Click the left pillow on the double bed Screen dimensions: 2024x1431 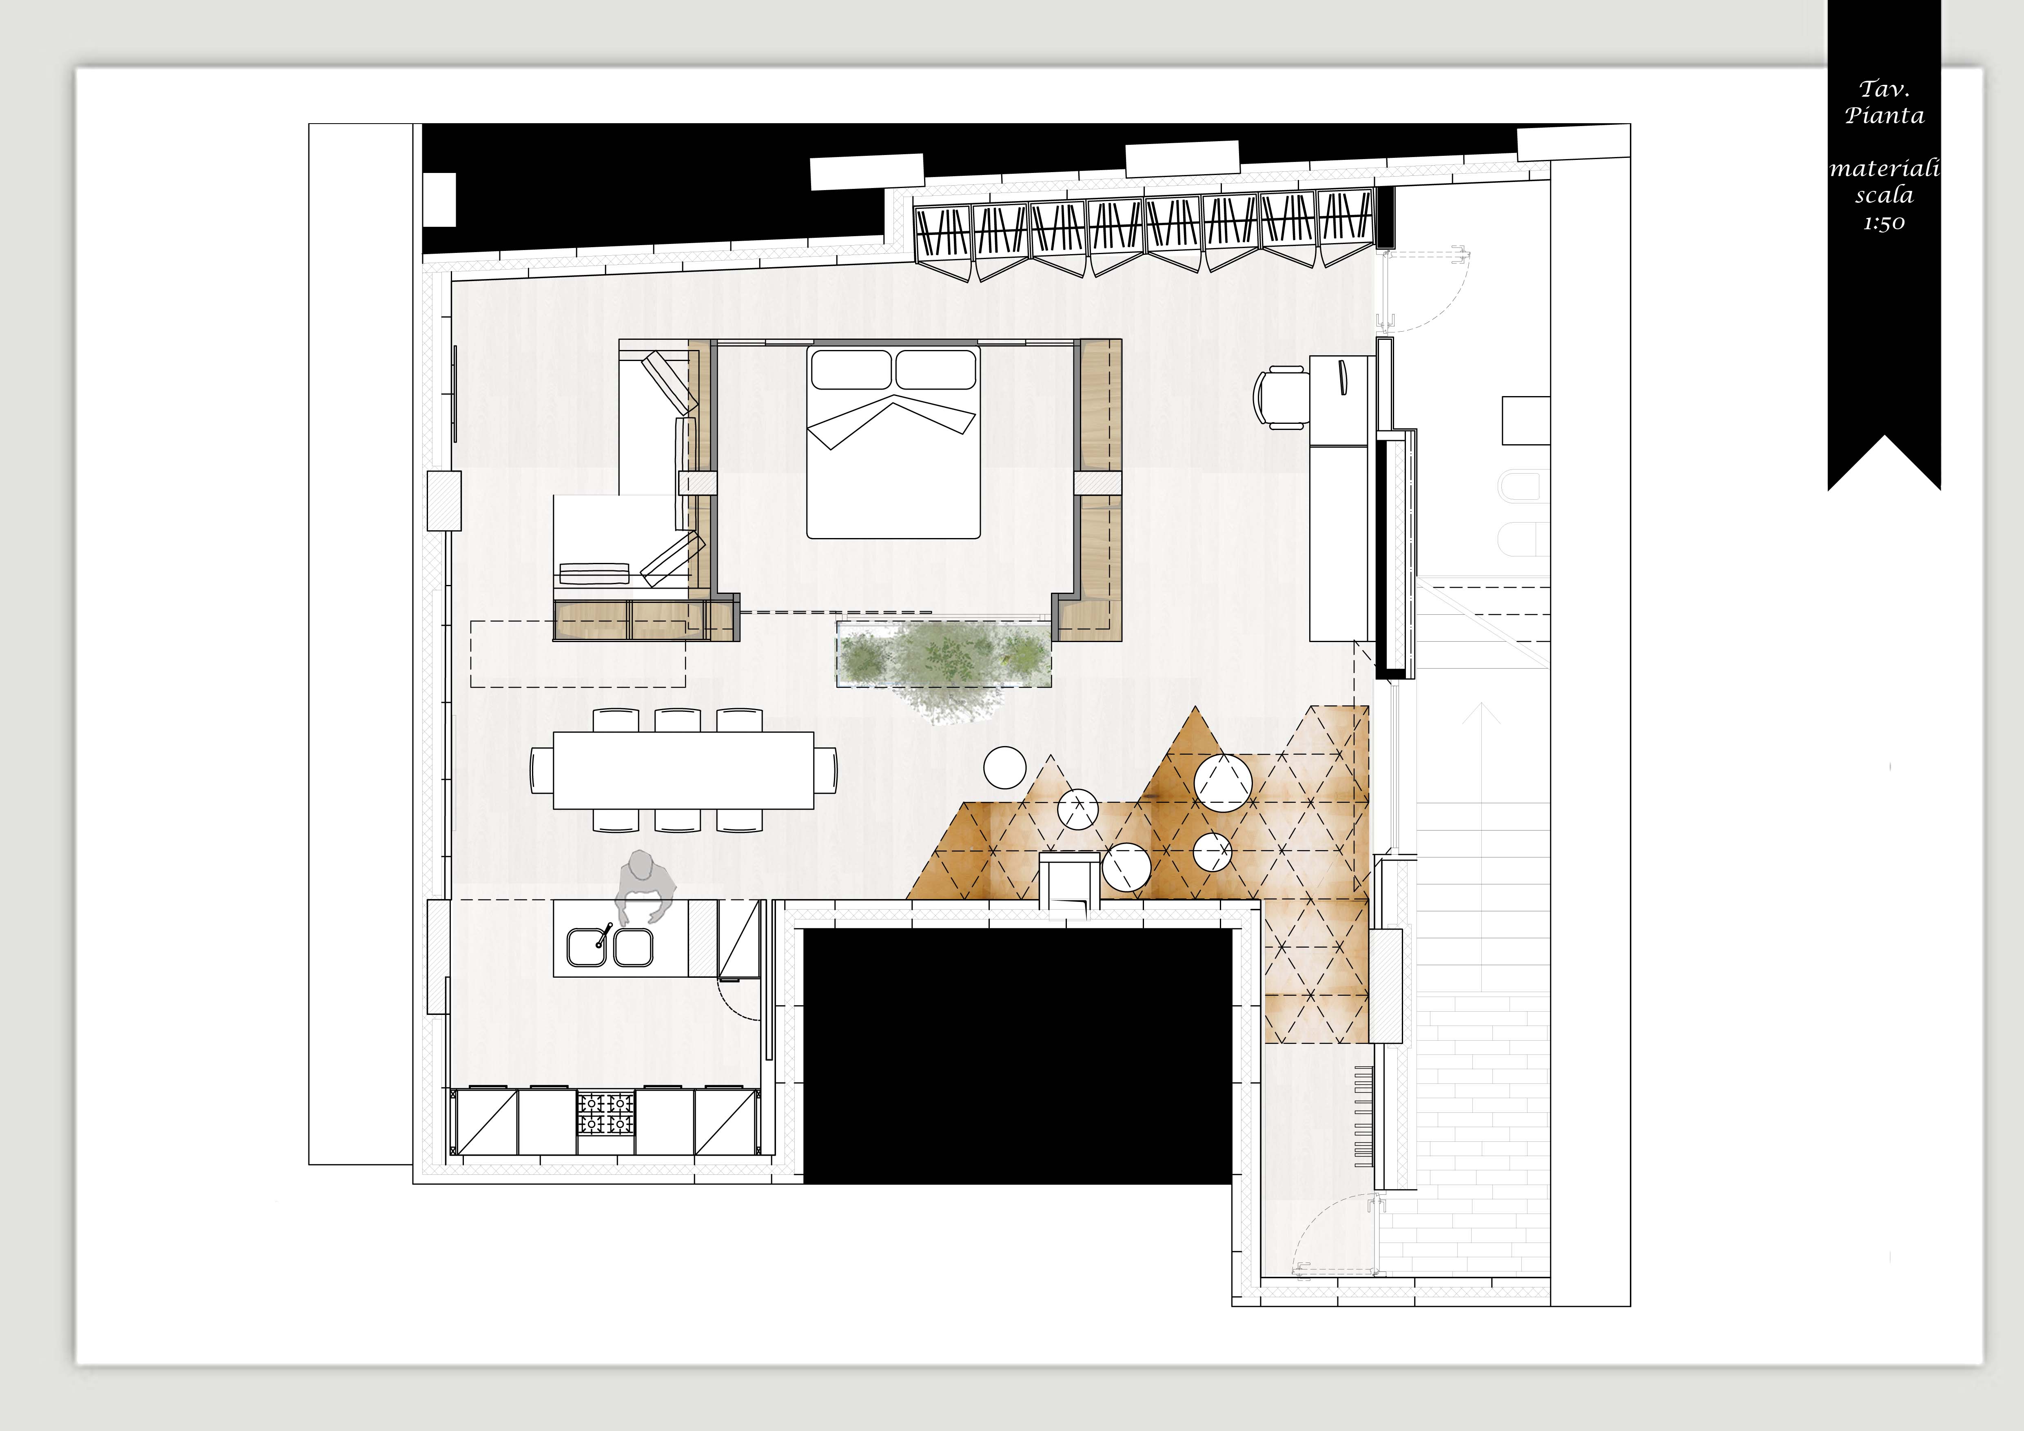(851, 369)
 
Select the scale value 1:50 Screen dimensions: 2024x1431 (1884, 223)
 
